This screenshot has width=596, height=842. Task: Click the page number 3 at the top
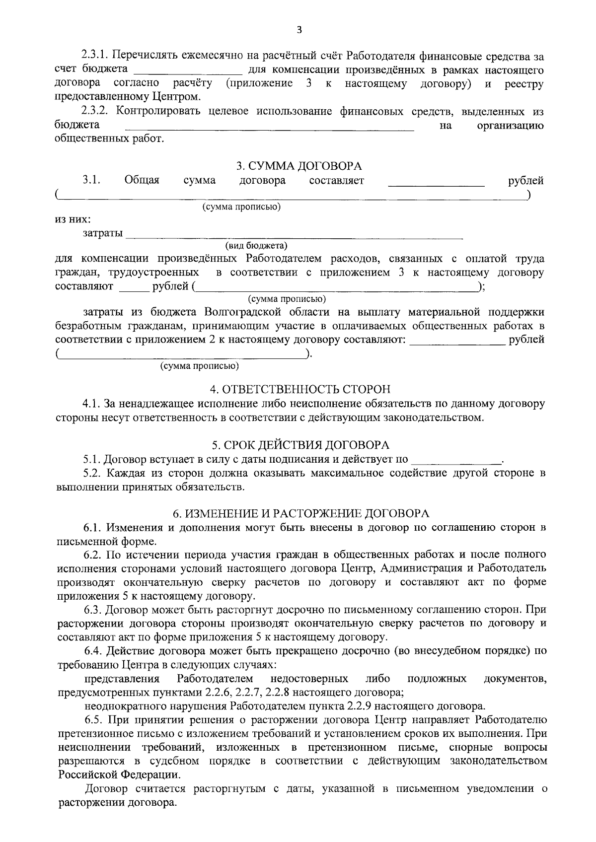[298, 30]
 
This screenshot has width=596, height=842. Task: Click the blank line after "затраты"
[293, 235]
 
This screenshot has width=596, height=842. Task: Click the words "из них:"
[73, 219]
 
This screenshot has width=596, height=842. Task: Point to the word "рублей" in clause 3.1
[526, 181]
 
